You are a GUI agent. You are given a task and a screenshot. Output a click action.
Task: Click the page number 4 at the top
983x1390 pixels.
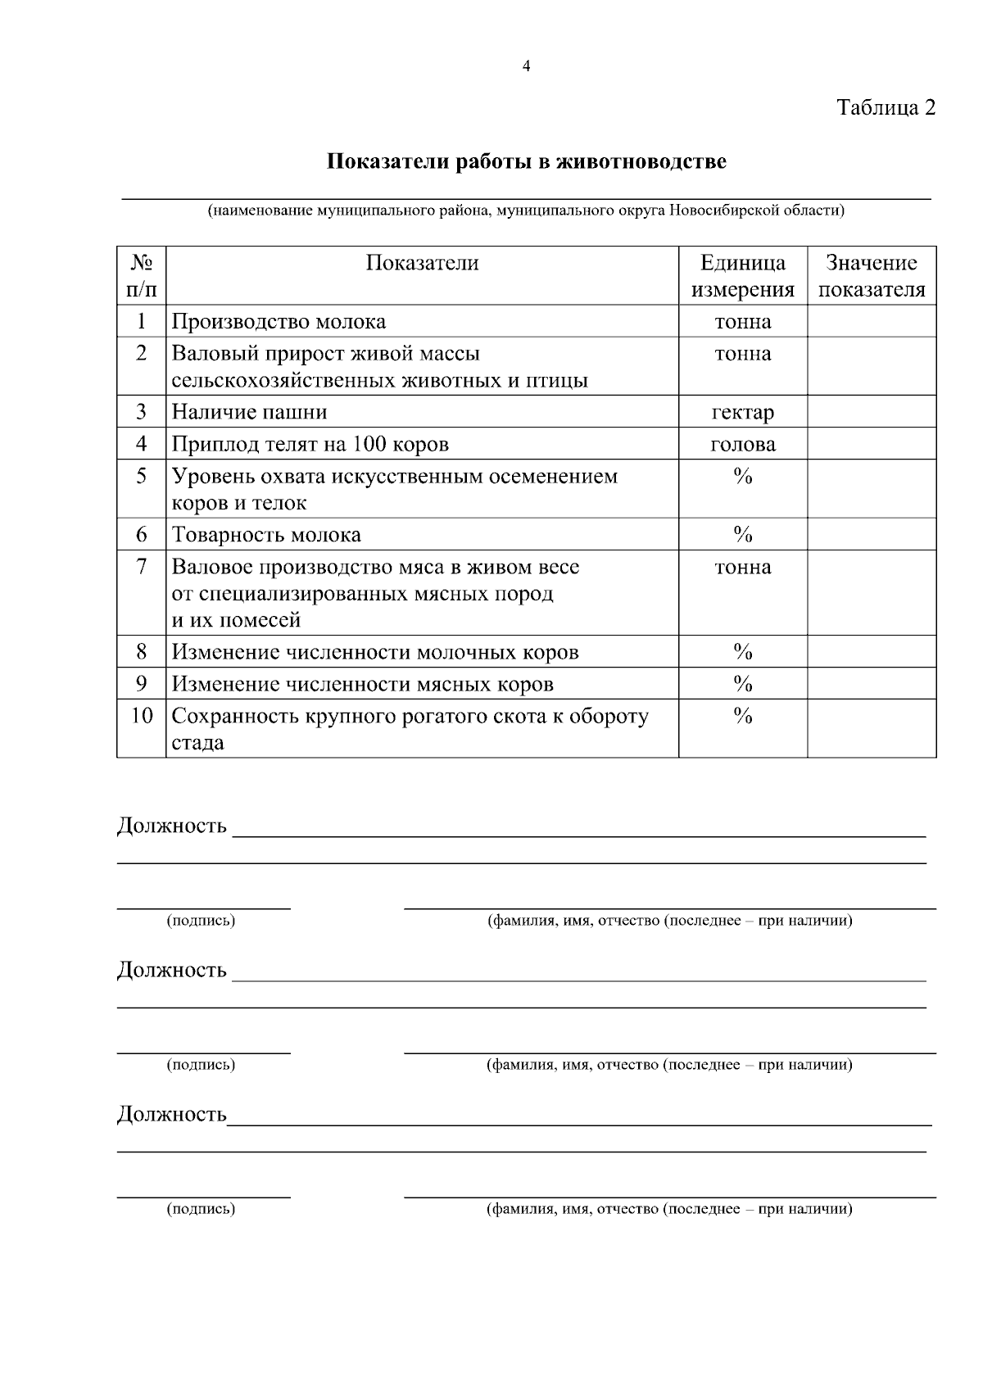click(x=526, y=67)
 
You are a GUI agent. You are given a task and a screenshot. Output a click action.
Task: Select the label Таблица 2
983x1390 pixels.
click(x=886, y=107)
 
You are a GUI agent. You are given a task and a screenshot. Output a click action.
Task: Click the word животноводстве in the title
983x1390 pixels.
click(x=641, y=161)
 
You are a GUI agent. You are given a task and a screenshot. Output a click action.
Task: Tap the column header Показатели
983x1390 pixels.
click(x=422, y=263)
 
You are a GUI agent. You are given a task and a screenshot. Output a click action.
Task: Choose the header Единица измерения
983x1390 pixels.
click(x=743, y=276)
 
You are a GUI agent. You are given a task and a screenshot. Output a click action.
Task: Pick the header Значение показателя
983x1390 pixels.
click(x=872, y=276)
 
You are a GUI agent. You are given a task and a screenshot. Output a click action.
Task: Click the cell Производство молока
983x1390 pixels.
click(x=279, y=322)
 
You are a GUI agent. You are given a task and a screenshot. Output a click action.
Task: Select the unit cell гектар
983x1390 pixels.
click(x=743, y=412)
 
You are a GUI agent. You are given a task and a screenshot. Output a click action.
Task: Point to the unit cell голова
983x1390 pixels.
click(x=743, y=444)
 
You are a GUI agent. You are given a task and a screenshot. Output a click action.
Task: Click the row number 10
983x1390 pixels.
click(x=142, y=716)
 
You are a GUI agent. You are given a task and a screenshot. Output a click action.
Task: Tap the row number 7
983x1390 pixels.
click(x=142, y=567)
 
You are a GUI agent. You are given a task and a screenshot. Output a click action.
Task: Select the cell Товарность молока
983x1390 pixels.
click(x=266, y=535)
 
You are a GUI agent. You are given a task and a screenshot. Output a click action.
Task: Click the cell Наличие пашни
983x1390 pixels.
click(x=249, y=412)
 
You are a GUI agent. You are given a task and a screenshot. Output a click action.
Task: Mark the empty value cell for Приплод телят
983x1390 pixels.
click(x=872, y=444)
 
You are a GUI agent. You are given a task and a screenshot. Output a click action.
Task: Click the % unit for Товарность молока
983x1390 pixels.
click(x=743, y=535)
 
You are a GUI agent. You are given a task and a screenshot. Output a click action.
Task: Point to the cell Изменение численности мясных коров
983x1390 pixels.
click(x=362, y=684)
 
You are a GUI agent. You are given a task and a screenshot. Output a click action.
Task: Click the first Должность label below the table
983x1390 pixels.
click(x=172, y=825)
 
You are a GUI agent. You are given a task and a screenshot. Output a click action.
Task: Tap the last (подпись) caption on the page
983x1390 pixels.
click(x=201, y=1209)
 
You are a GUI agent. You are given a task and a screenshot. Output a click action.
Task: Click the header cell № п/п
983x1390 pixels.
click(x=142, y=276)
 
